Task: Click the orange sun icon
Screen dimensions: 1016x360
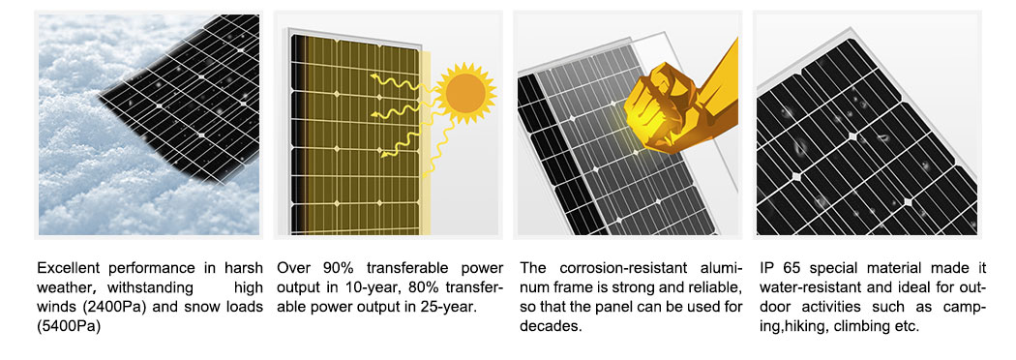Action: [465, 93]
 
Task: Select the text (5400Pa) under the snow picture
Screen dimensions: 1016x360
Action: [70, 326]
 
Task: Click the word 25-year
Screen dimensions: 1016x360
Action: [450, 307]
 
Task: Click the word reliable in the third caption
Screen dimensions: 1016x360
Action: [712, 286]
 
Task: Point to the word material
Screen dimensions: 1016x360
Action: [895, 267]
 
